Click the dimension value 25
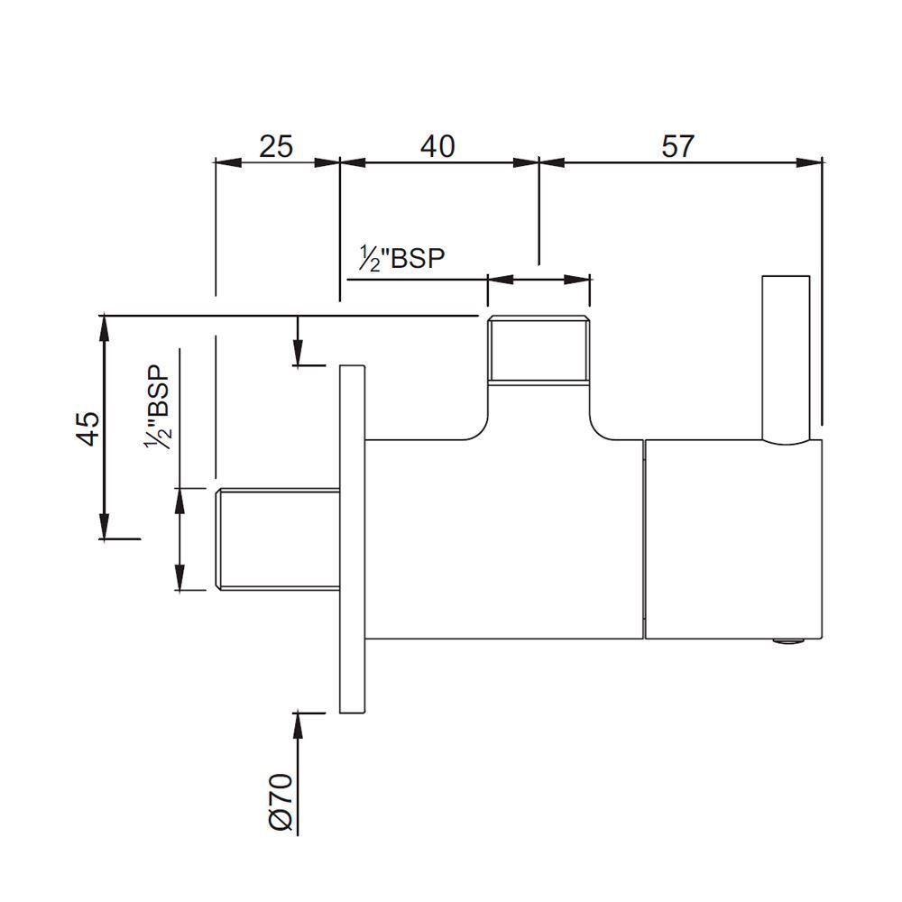(x=276, y=147)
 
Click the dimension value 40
(x=437, y=147)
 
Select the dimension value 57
(x=678, y=146)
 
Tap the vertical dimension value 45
(x=88, y=428)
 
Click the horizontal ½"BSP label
(x=402, y=258)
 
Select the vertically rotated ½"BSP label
(x=158, y=409)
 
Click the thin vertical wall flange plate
(x=353, y=539)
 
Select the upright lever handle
(x=786, y=360)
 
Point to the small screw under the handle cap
(x=788, y=640)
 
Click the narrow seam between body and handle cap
(x=644, y=539)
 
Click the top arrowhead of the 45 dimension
(x=104, y=328)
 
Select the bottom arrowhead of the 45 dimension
(x=104, y=526)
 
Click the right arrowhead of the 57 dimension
(x=809, y=162)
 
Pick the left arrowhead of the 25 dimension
(x=228, y=162)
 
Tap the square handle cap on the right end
(x=734, y=539)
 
